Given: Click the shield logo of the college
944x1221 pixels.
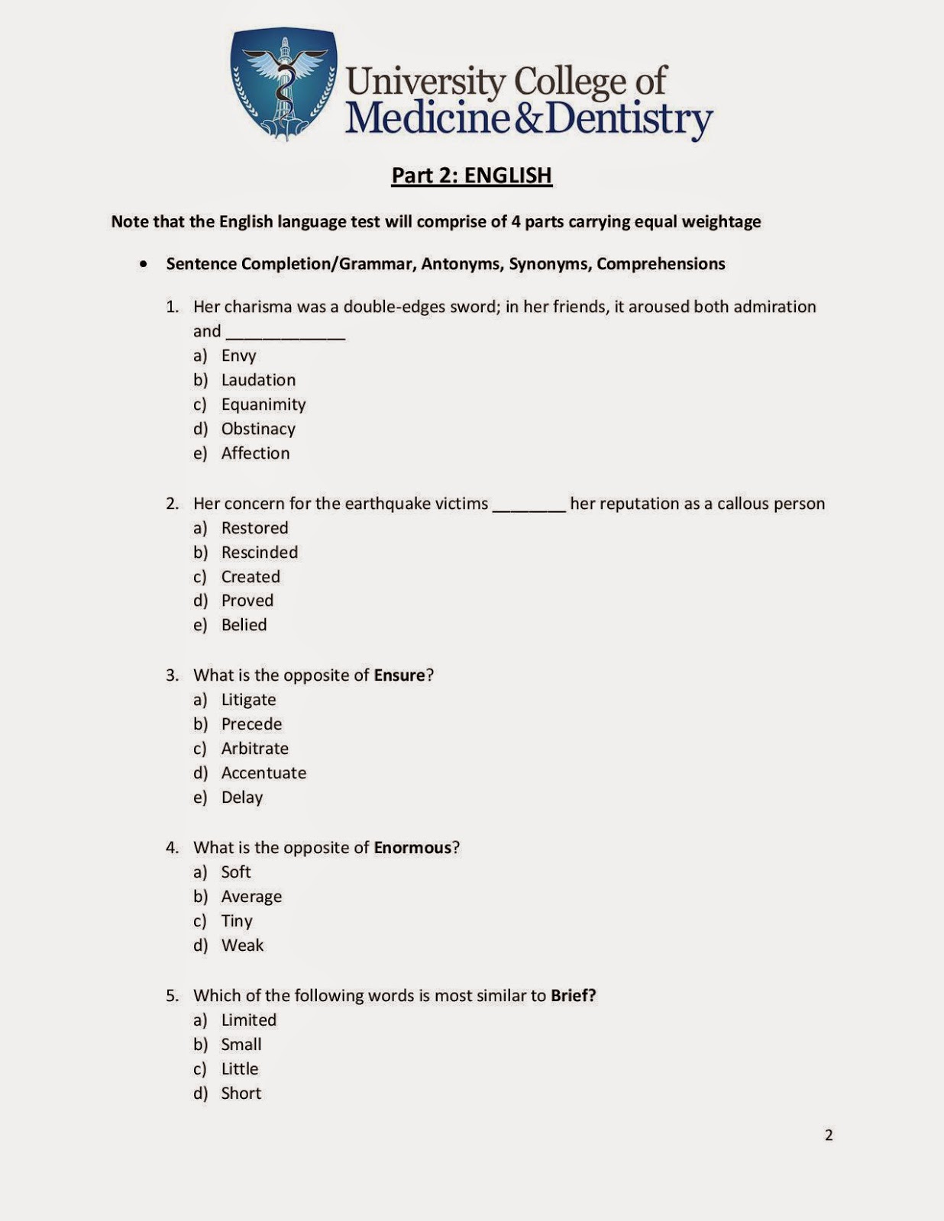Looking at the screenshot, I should (x=283, y=84).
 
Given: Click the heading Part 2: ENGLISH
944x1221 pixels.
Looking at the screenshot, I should (x=471, y=176).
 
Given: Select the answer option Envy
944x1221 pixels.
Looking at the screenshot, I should (x=238, y=356).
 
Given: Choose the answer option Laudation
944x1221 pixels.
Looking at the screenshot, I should (x=258, y=380).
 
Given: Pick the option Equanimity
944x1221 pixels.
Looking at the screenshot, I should (x=263, y=404).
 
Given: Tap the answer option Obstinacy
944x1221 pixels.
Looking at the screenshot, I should (x=258, y=429).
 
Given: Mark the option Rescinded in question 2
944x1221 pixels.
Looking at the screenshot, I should (x=260, y=553).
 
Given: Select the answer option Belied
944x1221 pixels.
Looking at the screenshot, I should (x=244, y=625).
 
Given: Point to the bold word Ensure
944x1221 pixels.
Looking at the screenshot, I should (x=399, y=675).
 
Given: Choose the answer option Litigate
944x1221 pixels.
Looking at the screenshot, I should (x=248, y=700).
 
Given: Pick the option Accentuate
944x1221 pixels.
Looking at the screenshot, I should (x=263, y=773).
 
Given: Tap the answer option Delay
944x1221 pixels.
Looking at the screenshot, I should (x=242, y=797).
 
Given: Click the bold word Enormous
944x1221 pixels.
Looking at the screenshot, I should (x=412, y=848).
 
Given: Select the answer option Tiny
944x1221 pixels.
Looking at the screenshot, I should (x=237, y=921).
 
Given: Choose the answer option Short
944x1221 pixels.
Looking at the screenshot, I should (x=241, y=1094).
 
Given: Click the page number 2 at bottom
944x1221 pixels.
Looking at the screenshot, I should (x=829, y=1136).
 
